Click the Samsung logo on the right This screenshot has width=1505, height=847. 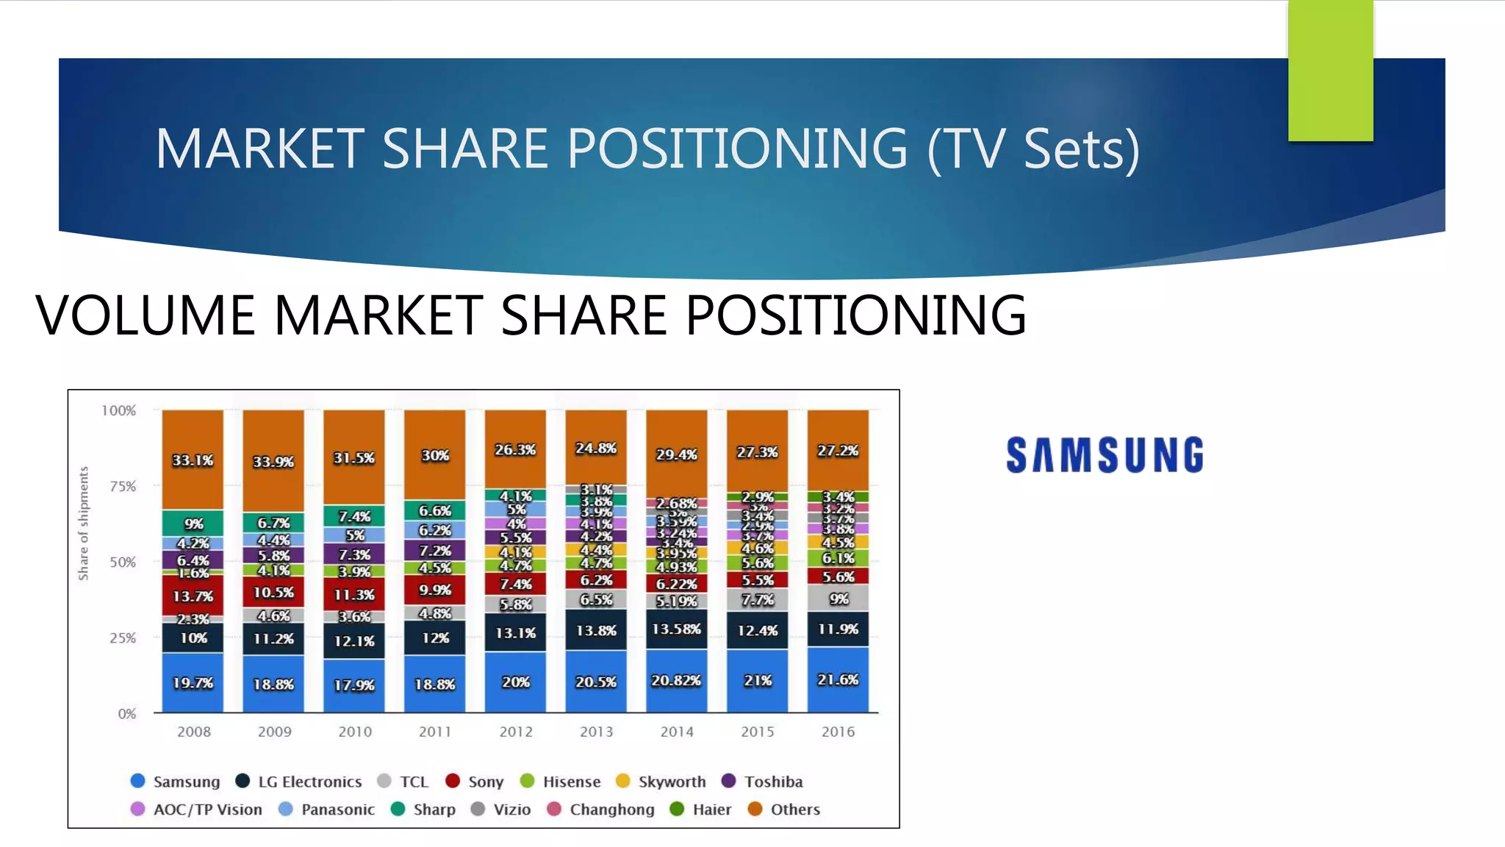(x=1104, y=454)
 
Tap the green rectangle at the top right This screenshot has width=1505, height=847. (x=1330, y=70)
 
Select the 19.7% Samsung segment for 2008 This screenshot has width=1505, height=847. (x=193, y=682)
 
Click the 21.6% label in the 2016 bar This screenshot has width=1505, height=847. (x=838, y=679)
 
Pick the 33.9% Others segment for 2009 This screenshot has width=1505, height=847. (x=273, y=461)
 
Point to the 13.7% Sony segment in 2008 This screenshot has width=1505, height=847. (x=193, y=596)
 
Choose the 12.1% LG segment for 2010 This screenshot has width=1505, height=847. (x=354, y=640)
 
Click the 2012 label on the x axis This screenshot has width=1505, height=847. (x=516, y=732)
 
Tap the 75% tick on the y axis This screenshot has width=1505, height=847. (x=123, y=486)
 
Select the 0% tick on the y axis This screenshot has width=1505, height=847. (x=127, y=713)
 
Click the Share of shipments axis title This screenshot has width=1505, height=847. (x=84, y=523)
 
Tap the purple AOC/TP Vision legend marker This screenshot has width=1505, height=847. (x=137, y=809)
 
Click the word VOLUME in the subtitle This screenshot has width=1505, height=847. (x=147, y=315)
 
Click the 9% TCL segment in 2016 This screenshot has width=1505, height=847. (x=838, y=598)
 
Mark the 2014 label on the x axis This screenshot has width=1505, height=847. (x=676, y=732)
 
